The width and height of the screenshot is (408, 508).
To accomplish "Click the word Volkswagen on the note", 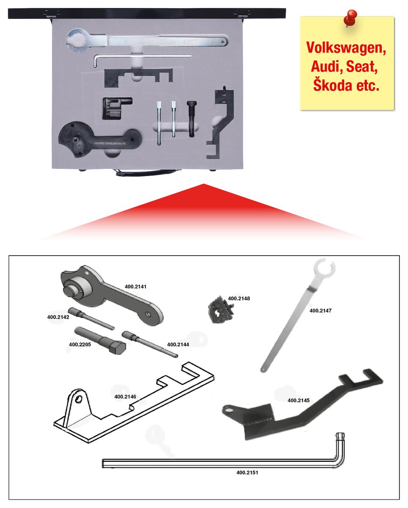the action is pos(346,48).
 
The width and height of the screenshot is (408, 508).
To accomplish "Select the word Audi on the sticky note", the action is pos(327,66).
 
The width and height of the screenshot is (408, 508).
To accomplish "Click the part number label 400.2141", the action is pos(135,287).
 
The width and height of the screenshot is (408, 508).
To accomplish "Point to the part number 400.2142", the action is pos(58,317).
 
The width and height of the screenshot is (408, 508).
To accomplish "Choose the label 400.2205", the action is pos(80,345).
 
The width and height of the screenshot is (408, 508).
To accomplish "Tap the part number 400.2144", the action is pos(178,345).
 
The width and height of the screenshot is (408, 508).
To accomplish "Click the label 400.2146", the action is pos(125,397).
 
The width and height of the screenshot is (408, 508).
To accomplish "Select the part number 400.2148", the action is pos(239,298).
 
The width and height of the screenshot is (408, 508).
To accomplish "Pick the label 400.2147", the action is pos(320,311).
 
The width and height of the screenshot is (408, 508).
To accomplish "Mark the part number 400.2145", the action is pos(298,400).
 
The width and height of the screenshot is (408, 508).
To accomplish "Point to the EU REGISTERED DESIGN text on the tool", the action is pos(110,143).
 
